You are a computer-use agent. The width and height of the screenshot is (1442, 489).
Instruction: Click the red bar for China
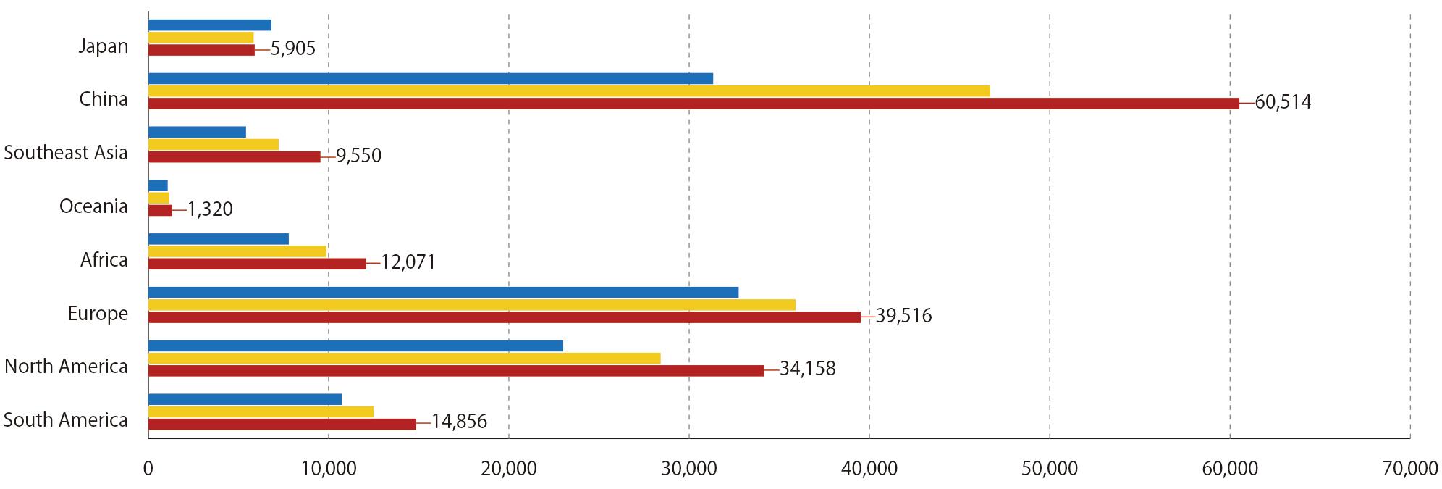693,104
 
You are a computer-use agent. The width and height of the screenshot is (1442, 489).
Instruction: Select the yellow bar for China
568,91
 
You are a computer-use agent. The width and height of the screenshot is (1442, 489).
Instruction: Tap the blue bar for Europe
443,293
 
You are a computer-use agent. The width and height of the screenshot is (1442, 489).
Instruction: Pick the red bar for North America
455,371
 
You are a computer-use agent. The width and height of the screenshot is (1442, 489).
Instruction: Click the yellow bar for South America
261,412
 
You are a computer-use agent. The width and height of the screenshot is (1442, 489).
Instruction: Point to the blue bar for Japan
209,25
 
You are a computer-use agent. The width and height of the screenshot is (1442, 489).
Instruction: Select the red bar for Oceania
160,211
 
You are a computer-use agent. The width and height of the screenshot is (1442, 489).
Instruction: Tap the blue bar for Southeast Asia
197,132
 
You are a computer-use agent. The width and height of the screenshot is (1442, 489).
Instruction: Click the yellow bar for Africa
237,251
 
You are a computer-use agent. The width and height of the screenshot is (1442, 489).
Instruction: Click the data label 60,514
1283,102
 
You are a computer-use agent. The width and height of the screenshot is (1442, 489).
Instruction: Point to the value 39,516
903,316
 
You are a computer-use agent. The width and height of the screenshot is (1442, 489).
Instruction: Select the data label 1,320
210,210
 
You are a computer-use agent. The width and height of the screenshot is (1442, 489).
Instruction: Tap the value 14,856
459,422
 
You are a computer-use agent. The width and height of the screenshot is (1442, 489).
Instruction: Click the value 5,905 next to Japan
292,49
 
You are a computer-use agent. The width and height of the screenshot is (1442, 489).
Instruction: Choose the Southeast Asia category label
66,153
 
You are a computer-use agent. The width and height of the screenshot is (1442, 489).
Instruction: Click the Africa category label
104,259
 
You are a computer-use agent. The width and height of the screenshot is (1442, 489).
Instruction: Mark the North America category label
66,367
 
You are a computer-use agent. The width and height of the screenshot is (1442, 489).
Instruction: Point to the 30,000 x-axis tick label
688,469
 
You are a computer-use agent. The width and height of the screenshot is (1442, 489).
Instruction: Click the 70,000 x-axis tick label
1409,469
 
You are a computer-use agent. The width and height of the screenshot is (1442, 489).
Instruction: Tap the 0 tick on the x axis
148,469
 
